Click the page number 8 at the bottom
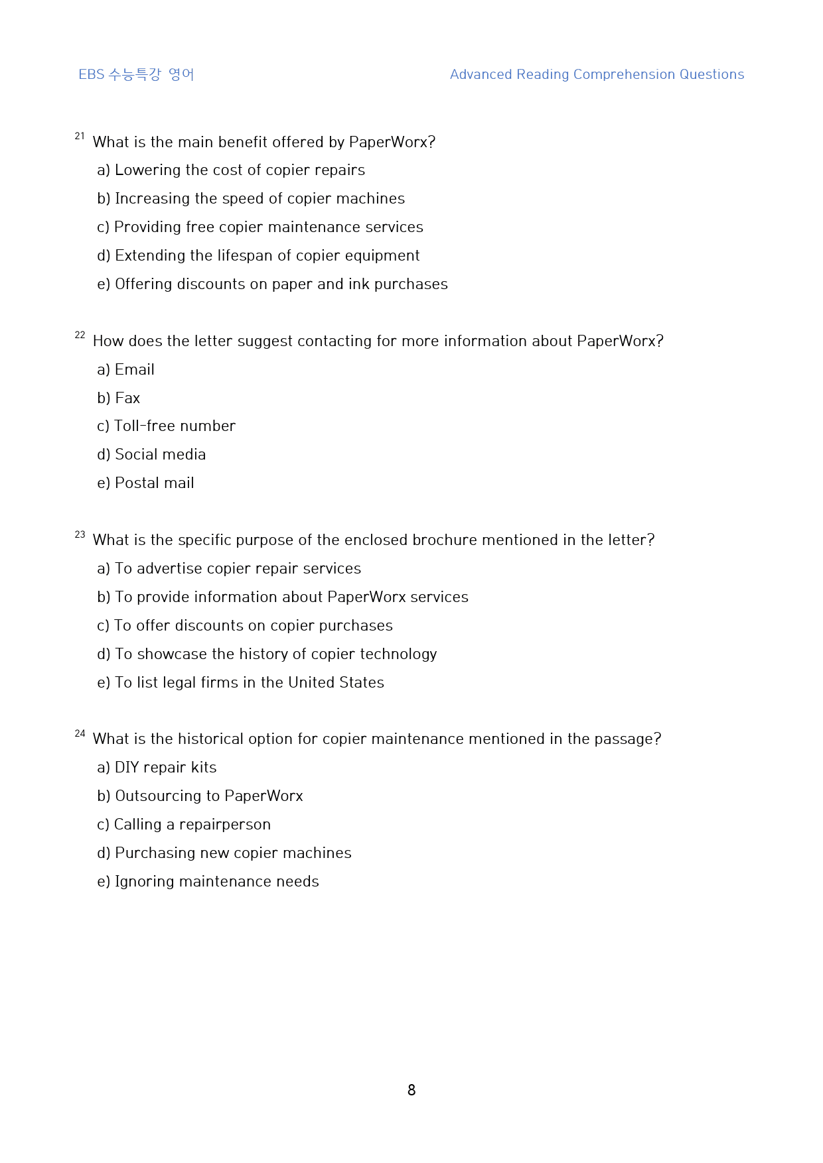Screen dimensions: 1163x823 (x=411, y=1090)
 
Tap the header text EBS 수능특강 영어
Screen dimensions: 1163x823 (x=136, y=74)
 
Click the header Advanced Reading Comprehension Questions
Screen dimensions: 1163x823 (x=597, y=74)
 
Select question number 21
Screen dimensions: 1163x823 (x=80, y=137)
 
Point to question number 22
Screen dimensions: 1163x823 (x=80, y=336)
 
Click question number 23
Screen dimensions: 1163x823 (x=80, y=534)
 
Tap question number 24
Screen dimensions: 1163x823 (x=80, y=733)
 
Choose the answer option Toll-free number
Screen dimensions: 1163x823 (x=174, y=426)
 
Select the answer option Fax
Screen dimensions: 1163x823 (x=127, y=398)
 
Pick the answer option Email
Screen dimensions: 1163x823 (x=134, y=369)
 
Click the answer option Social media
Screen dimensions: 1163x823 (x=160, y=454)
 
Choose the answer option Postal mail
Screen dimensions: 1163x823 (x=154, y=483)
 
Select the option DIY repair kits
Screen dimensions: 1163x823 (x=165, y=767)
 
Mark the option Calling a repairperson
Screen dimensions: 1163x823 (x=192, y=824)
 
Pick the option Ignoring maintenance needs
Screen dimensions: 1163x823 (x=216, y=881)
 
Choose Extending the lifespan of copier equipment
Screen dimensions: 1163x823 (x=267, y=255)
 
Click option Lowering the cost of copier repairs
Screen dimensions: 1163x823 (x=240, y=170)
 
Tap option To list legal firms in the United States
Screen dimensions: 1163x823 (x=249, y=682)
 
